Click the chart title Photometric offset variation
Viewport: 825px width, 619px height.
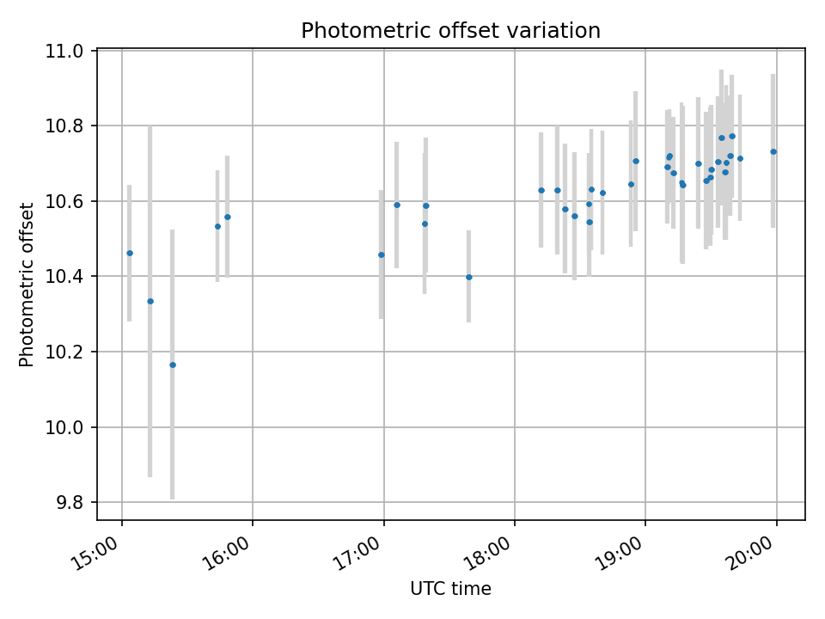tap(450, 31)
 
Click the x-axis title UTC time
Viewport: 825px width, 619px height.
tap(450, 589)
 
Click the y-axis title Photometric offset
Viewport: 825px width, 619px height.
tap(27, 285)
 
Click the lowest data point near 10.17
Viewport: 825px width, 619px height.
tap(172, 365)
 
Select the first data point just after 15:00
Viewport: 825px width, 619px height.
tap(130, 253)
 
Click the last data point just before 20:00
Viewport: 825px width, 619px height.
tap(773, 151)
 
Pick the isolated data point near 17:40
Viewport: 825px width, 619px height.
tap(468, 277)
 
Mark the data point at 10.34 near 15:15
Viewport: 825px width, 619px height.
tap(150, 301)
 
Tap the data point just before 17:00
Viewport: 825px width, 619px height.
tap(382, 254)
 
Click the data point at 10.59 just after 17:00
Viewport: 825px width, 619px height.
tap(397, 205)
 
